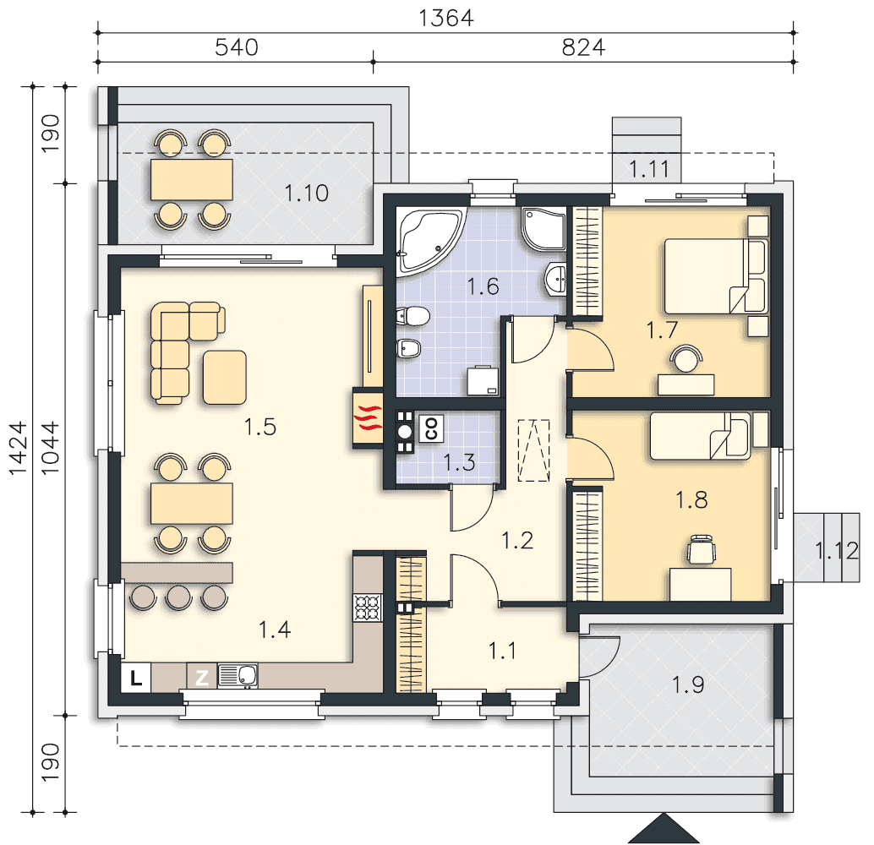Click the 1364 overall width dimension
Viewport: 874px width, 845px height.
pos(446,18)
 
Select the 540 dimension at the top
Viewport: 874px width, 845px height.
pos(237,47)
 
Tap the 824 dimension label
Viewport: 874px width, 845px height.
pos(583,47)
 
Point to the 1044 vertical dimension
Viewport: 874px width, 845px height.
pos(50,448)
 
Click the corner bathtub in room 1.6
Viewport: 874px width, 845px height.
pos(429,241)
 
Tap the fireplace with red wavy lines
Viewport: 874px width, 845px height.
pos(368,418)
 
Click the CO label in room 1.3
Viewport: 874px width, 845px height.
pos(431,428)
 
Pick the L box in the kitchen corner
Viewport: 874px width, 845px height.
pos(136,678)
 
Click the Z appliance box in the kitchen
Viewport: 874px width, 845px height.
pos(201,678)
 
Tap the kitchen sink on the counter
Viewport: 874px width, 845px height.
pos(238,676)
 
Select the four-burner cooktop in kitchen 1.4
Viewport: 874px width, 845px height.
pos(368,608)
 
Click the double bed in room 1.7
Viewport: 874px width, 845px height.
pos(716,277)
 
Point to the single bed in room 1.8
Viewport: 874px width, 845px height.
pos(701,436)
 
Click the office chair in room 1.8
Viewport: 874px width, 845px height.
pos(701,550)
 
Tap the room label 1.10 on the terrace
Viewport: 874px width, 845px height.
pos(307,194)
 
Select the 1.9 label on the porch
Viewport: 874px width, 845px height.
pos(688,684)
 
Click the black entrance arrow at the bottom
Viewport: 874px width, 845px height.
pos(664,828)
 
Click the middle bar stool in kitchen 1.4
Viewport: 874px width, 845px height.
pos(178,597)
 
